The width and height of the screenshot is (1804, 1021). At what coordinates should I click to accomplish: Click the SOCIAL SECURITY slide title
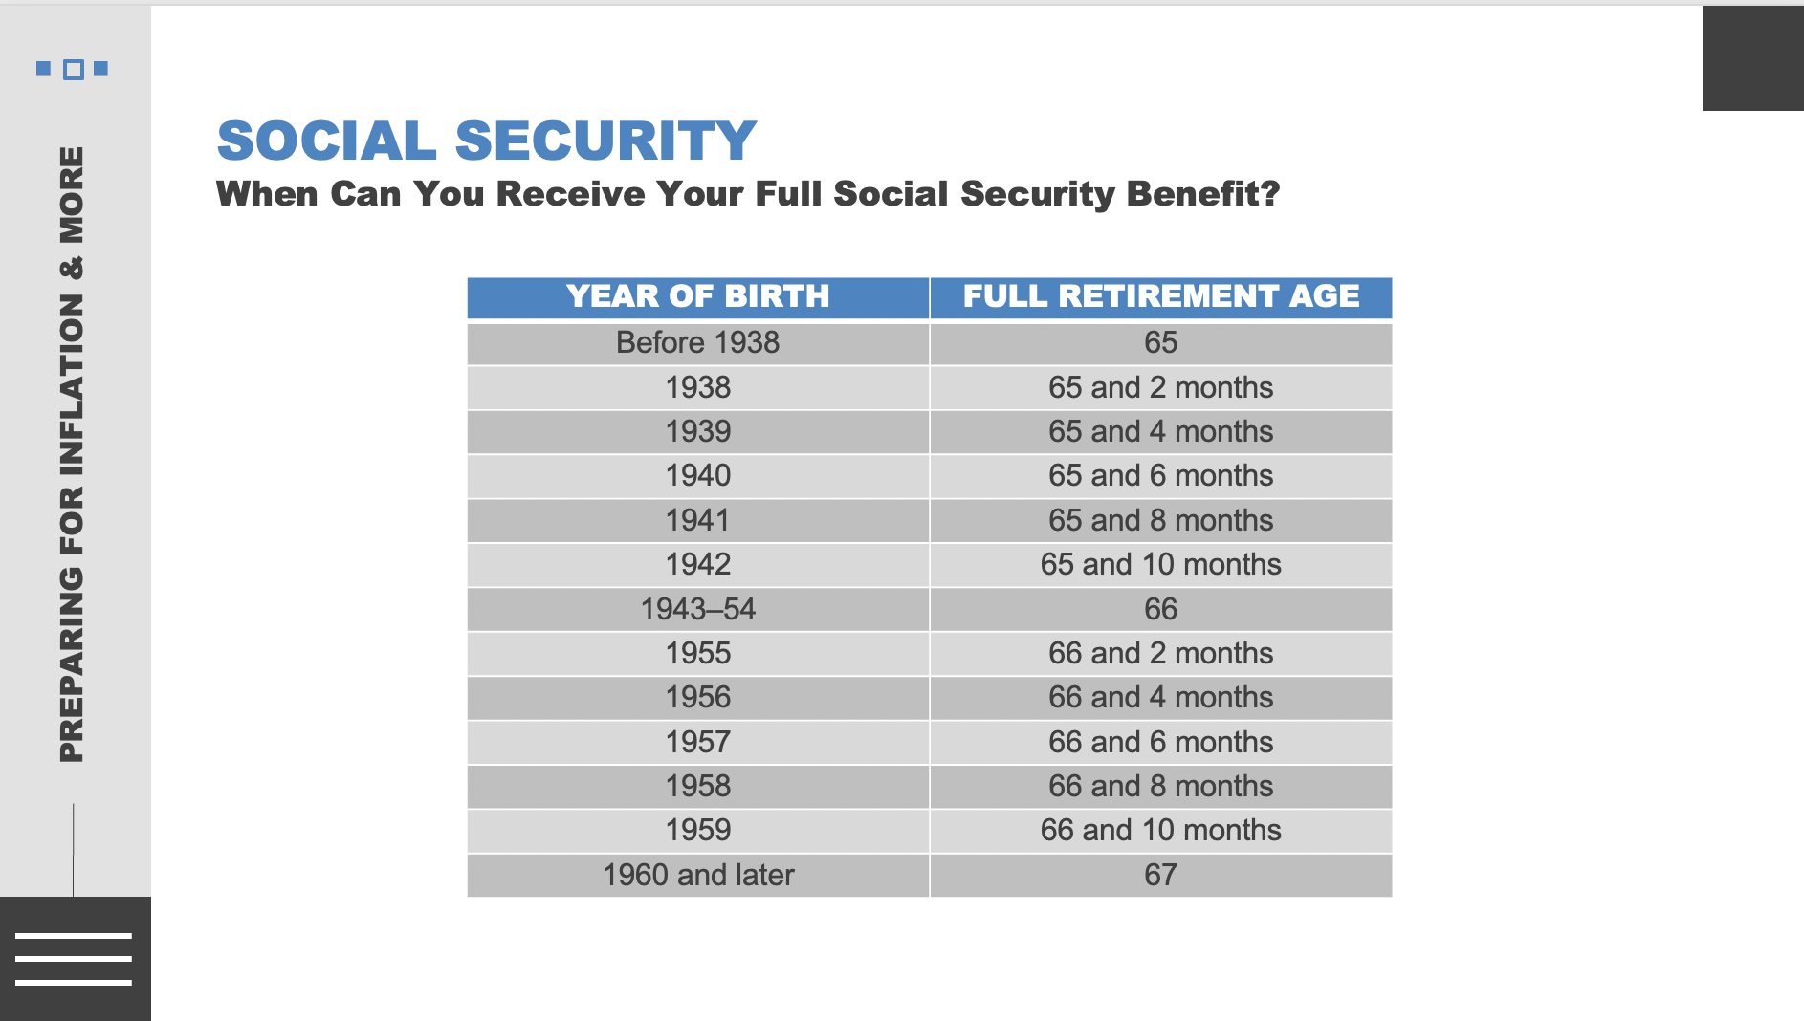(486, 141)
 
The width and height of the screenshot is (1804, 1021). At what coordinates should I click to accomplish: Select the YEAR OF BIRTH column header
(697, 296)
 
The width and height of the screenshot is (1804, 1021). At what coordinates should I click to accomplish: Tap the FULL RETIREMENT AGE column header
(1160, 296)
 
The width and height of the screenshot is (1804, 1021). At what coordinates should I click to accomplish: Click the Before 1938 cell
(697, 342)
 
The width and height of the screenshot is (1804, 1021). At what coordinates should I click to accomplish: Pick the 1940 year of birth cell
(697, 475)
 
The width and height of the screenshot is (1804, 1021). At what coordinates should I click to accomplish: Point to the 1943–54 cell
(697, 609)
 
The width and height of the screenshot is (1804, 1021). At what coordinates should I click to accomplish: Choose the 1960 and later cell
(697, 875)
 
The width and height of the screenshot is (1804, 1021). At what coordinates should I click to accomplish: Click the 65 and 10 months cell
(1160, 564)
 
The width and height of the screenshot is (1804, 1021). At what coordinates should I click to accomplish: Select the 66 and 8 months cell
(1160, 786)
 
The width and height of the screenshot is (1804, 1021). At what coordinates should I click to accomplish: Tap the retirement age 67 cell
(1160, 875)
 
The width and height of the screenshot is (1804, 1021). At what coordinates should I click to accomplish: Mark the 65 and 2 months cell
(1160, 387)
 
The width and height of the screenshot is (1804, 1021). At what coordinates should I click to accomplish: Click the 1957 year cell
(697, 742)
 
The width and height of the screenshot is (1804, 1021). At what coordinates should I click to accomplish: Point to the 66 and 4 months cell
(1160, 697)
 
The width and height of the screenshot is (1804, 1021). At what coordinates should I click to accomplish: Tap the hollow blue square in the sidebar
(73, 70)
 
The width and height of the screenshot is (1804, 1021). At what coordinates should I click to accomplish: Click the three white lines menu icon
(74, 958)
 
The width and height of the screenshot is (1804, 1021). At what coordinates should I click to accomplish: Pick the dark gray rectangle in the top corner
(1752, 58)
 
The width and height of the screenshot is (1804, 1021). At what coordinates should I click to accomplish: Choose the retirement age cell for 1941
(1160, 520)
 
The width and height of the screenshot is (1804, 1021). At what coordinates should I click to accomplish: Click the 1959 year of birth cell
(697, 830)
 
